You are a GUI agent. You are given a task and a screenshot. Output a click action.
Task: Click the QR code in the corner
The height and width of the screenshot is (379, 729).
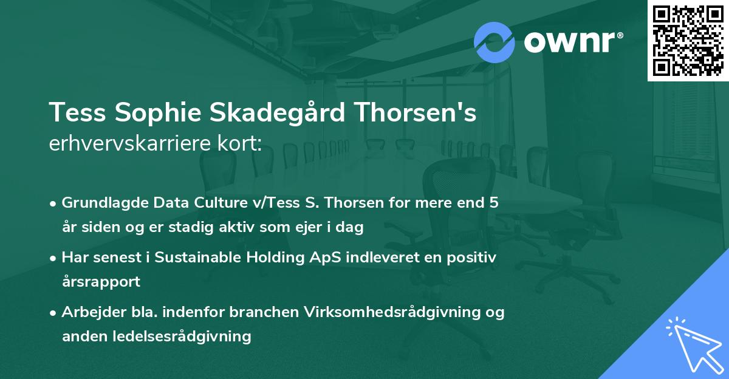(x=688, y=40)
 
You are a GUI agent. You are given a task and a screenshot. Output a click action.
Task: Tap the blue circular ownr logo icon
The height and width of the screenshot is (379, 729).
(x=495, y=43)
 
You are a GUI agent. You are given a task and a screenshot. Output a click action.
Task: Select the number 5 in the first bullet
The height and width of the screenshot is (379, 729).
(x=494, y=203)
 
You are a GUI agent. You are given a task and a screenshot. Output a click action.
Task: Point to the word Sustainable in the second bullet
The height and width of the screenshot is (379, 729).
(x=197, y=258)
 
